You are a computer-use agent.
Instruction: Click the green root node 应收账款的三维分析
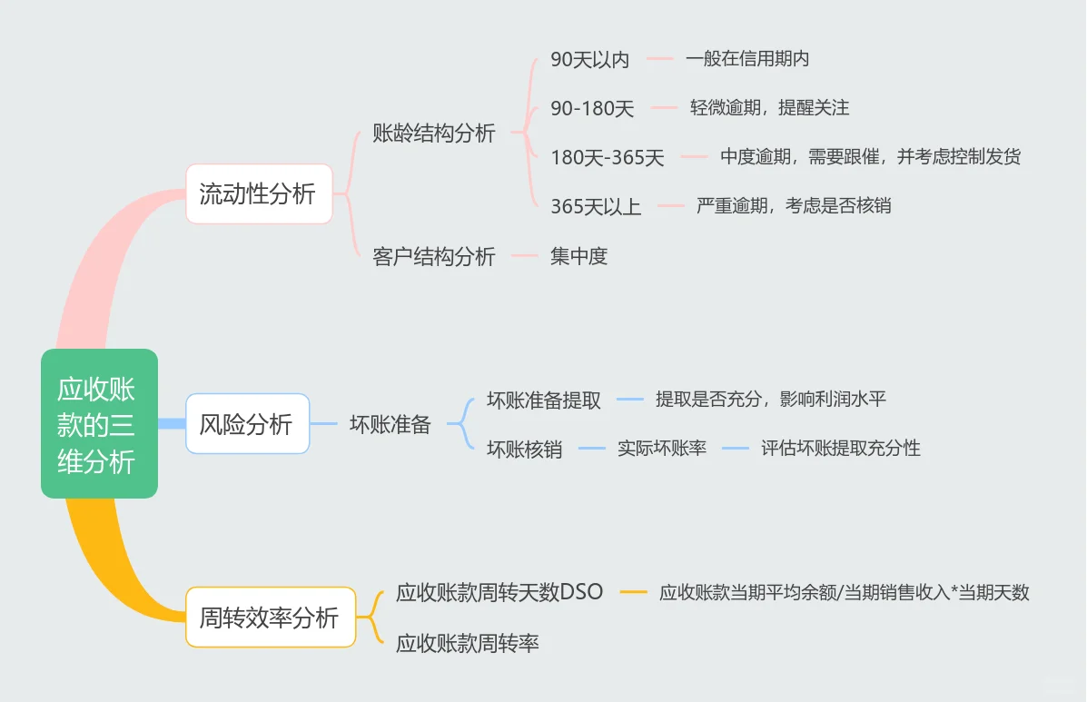99,423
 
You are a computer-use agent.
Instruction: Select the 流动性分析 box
259,193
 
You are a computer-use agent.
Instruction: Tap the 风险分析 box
247,424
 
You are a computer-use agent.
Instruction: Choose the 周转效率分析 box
270,618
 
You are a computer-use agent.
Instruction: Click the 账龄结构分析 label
434,133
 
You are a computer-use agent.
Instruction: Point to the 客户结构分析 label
434,256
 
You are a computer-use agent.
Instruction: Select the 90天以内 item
589,60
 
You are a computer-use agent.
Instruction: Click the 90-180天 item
592,109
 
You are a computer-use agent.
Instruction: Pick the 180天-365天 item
608,157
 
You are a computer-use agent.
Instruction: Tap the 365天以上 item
596,206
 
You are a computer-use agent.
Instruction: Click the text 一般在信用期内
746,59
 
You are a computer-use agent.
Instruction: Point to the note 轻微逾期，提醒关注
769,108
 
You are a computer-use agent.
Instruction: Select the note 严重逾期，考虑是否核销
794,205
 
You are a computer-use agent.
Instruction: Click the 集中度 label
578,256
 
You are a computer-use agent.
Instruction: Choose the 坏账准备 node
390,424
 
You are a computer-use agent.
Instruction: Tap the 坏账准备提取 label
543,400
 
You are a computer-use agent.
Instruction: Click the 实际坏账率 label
662,448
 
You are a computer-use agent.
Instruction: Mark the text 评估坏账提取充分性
840,448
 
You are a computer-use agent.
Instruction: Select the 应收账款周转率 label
467,643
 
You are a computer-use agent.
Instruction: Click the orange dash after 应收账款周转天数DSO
633,593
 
